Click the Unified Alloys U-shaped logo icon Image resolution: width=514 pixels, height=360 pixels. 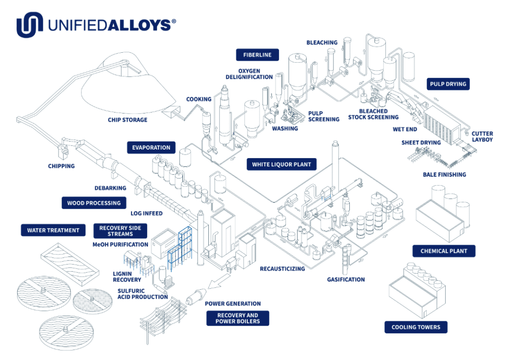(30, 25)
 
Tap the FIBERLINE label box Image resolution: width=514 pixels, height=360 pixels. (258, 55)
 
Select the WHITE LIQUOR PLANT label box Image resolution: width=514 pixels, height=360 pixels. (281, 164)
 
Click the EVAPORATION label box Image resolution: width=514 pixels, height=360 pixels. (151, 148)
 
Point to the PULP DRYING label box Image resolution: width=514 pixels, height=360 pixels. (448, 84)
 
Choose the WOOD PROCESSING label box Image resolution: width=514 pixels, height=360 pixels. (94, 203)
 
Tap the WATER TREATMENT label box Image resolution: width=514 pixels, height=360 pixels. (53, 230)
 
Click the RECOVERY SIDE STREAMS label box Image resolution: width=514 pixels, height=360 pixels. (120, 231)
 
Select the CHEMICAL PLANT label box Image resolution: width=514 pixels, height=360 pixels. (444, 251)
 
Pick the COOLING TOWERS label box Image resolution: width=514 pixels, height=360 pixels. (416, 327)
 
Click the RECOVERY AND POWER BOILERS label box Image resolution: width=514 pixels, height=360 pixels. (237, 318)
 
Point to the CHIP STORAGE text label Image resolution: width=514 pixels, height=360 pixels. (127, 120)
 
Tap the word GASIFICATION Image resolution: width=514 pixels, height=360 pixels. (346, 279)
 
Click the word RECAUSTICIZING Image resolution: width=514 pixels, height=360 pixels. (282, 269)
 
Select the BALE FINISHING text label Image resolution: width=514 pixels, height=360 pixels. (444, 174)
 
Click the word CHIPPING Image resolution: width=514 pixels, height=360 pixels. (61, 166)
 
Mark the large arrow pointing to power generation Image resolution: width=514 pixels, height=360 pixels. (219, 281)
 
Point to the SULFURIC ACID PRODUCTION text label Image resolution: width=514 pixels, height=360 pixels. (143, 294)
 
